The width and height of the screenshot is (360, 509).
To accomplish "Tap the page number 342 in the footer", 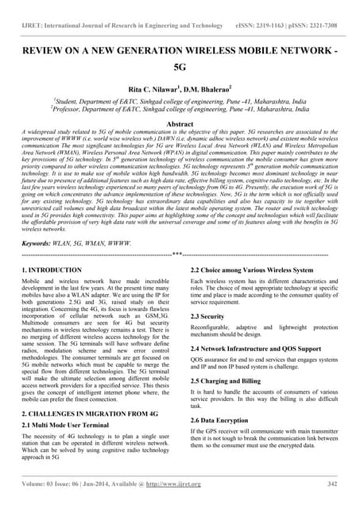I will [332, 484].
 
